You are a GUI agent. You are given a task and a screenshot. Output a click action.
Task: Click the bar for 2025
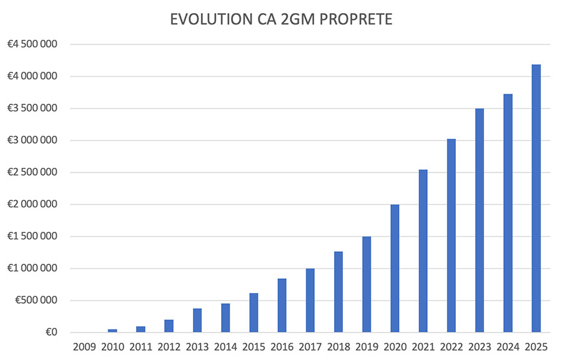536,198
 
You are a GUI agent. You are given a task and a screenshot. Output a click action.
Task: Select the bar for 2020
395,268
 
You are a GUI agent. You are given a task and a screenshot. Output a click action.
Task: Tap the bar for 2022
451,236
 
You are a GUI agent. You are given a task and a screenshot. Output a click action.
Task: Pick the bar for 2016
282,305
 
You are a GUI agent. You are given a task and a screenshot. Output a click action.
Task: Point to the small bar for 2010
112,330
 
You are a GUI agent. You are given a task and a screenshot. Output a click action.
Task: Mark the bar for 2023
480,220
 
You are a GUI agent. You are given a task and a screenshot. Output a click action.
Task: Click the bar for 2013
197,320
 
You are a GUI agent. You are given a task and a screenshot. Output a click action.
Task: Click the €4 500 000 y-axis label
32,44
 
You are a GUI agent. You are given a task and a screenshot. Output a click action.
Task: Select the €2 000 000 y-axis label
32,204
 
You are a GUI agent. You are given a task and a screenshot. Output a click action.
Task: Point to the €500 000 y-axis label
36,301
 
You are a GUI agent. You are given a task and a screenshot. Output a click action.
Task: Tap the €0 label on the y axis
51,332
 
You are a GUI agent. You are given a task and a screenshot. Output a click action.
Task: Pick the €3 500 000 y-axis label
32,109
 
